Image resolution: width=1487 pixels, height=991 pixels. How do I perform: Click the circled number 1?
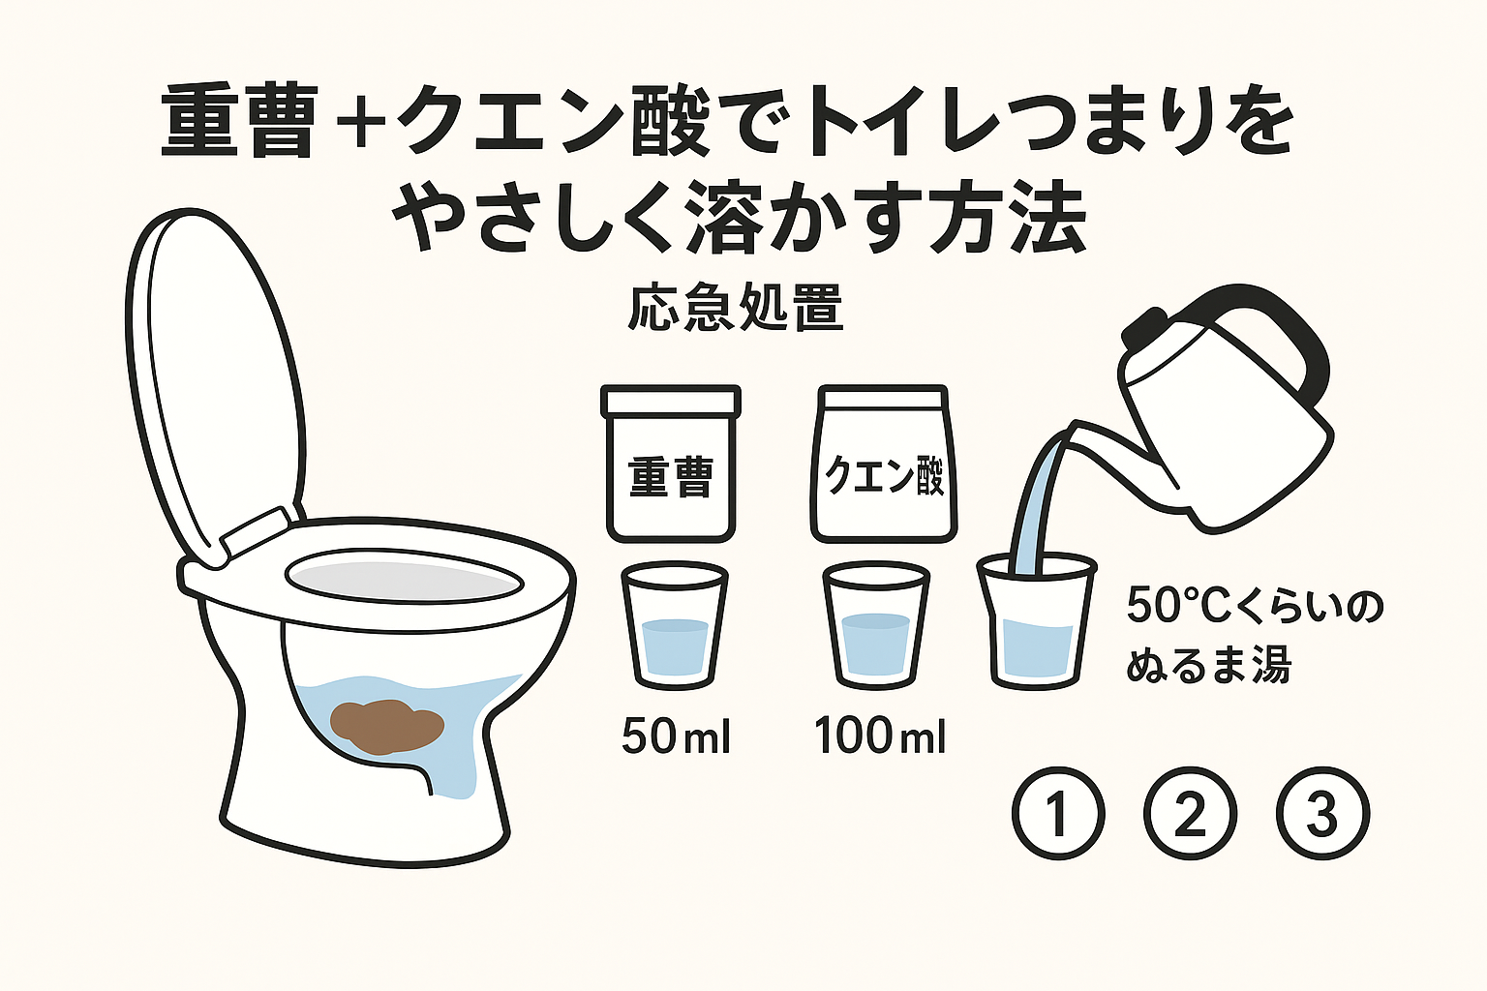pos(1058,813)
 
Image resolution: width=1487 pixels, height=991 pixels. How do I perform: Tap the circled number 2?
pos(1190,813)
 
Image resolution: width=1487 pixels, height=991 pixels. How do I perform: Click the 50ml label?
pos(676,736)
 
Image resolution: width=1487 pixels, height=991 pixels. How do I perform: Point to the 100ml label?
pos(880,736)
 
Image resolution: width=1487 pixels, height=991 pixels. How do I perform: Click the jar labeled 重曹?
pos(671,465)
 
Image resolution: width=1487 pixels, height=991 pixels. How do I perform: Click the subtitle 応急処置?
pos(736,309)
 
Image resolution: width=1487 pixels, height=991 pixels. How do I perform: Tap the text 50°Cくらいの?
pos(1255,606)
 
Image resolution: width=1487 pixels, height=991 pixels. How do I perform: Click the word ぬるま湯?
pos(1208,666)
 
